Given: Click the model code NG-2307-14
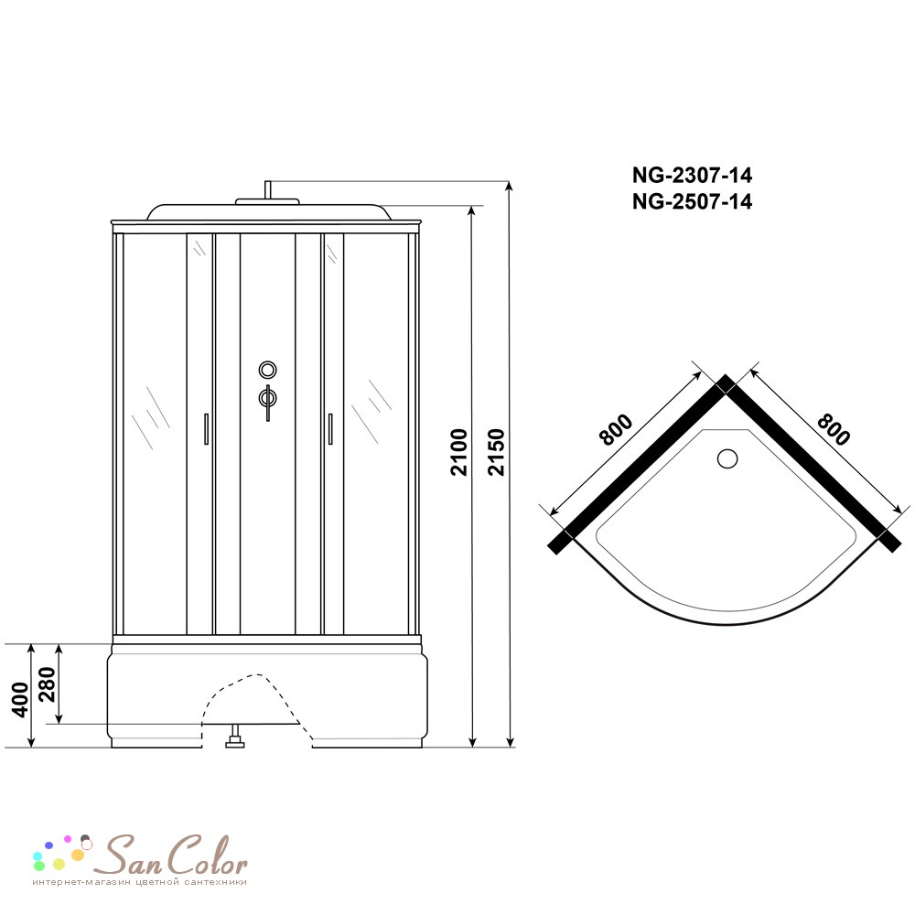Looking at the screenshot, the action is pyautogui.click(x=692, y=175).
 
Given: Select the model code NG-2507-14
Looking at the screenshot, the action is pyautogui.click(x=692, y=202).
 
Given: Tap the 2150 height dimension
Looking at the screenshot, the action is pyautogui.click(x=496, y=452).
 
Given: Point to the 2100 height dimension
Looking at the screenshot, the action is pyautogui.click(x=459, y=452).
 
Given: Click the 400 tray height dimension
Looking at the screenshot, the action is pyautogui.click(x=20, y=700).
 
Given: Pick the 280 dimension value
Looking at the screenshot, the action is pyautogui.click(x=46, y=684).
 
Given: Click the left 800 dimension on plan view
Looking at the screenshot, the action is pyautogui.click(x=616, y=429).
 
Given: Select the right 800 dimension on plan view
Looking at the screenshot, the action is pyautogui.click(x=834, y=429).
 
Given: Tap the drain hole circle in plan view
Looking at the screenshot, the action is pyautogui.click(x=727, y=458).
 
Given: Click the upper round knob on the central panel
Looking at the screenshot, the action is pyautogui.click(x=267, y=370).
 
